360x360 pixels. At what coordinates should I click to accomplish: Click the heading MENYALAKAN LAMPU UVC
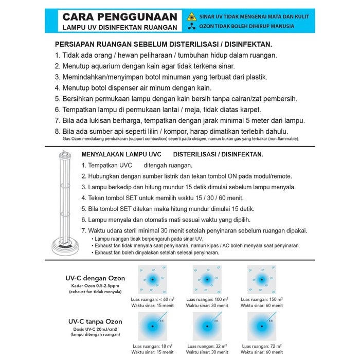pyautogui.click(x=121, y=154)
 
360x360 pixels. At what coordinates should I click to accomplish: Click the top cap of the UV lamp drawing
pyautogui.click(x=65, y=154)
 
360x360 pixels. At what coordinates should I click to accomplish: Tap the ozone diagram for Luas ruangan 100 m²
pyautogui.click(x=207, y=280)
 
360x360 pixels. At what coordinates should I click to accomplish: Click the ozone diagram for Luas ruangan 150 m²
pyautogui.click(x=261, y=280)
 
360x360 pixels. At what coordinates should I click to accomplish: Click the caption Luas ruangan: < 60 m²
pyautogui.click(x=153, y=299)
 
